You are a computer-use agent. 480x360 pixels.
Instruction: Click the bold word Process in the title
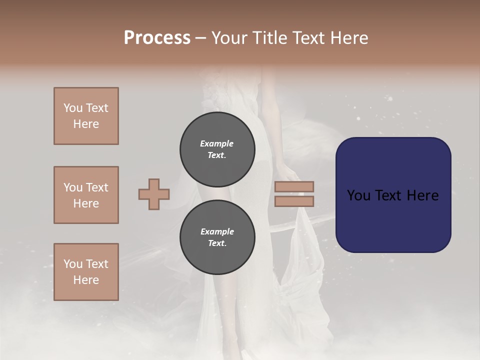click(x=157, y=38)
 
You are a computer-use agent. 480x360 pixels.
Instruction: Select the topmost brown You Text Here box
click(x=86, y=116)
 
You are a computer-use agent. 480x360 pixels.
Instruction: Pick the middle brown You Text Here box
click(x=86, y=195)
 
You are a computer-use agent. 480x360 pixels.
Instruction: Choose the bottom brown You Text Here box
click(x=86, y=272)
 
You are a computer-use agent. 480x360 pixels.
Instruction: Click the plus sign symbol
click(x=154, y=194)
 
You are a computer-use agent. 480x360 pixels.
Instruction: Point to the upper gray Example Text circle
click(x=217, y=149)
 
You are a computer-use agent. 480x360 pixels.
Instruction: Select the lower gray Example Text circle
click(x=217, y=237)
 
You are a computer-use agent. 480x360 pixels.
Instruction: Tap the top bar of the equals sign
click(x=294, y=187)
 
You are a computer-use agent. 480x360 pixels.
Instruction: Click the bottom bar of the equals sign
click(x=294, y=201)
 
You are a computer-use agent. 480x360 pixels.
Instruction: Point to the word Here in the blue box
click(x=423, y=195)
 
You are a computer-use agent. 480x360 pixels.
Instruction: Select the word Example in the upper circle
click(x=217, y=143)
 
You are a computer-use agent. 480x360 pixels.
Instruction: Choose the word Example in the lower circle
click(x=217, y=231)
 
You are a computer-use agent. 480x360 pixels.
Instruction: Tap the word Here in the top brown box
click(x=86, y=124)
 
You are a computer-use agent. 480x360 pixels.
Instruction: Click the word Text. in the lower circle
click(x=217, y=243)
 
